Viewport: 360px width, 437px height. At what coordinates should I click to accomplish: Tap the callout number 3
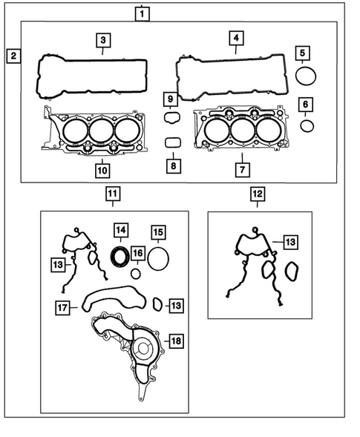point(103,39)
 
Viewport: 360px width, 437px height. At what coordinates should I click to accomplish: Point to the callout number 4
point(235,38)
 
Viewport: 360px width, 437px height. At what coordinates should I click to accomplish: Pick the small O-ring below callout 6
point(307,125)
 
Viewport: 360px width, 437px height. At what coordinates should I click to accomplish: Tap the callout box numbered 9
point(169,99)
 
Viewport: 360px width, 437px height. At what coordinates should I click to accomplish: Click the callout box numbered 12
point(256,195)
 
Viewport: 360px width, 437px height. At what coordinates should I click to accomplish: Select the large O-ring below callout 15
point(157,258)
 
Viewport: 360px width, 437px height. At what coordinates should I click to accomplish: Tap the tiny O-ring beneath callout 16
point(135,273)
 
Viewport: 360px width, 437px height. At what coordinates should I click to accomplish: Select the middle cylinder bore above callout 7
point(241,132)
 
